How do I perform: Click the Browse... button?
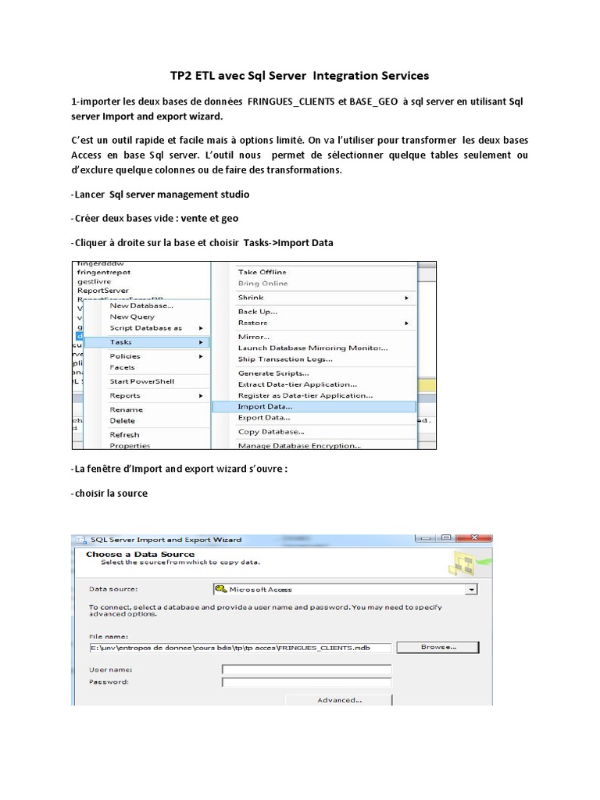click(437, 647)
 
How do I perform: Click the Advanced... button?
click(339, 700)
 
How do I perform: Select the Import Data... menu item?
click(265, 406)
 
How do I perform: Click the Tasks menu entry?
click(121, 342)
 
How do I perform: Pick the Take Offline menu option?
click(263, 271)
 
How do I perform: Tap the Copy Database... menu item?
click(271, 431)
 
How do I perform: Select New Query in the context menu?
click(132, 316)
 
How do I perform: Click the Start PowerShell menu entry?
click(141, 381)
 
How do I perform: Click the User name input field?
click(306, 670)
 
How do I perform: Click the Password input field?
click(306, 682)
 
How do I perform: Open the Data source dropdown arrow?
click(470, 589)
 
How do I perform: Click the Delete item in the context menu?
click(123, 420)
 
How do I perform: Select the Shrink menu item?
click(251, 298)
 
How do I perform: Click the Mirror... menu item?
click(254, 336)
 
